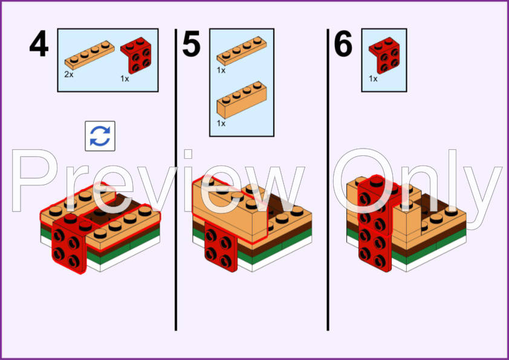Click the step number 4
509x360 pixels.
pyautogui.click(x=39, y=43)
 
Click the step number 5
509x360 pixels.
pyautogui.click(x=191, y=43)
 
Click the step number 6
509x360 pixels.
pyautogui.click(x=343, y=43)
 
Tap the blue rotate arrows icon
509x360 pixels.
pyautogui.click(x=100, y=136)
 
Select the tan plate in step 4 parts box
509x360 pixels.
pyautogui.click(x=89, y=55)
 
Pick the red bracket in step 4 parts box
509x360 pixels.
pyautogui.click(x=136, y=55)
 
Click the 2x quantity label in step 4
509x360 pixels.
pyautogui.click(x=69, y=74)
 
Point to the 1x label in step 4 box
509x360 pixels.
pyautogui.click(x=125, y=79)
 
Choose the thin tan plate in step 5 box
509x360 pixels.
pyautogui.click(x=242, y=51)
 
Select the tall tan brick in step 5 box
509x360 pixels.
pyautogui.click(x=242, y=100)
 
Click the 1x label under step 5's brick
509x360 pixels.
pyautogui.click(x=221, y=123)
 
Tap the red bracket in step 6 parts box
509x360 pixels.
pyautogui.click(x=384, y=55)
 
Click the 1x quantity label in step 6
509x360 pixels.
pyautogui.click(x=373, y=79)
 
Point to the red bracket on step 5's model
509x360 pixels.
pyautogui.click(x=221, y=247)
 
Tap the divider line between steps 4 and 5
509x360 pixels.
pyautogui.click(x=176, y=179)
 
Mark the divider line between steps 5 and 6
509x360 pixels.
pyautogui.click(x=328, y=179)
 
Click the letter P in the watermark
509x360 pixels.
pyautogui.click(x=34, y=181)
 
